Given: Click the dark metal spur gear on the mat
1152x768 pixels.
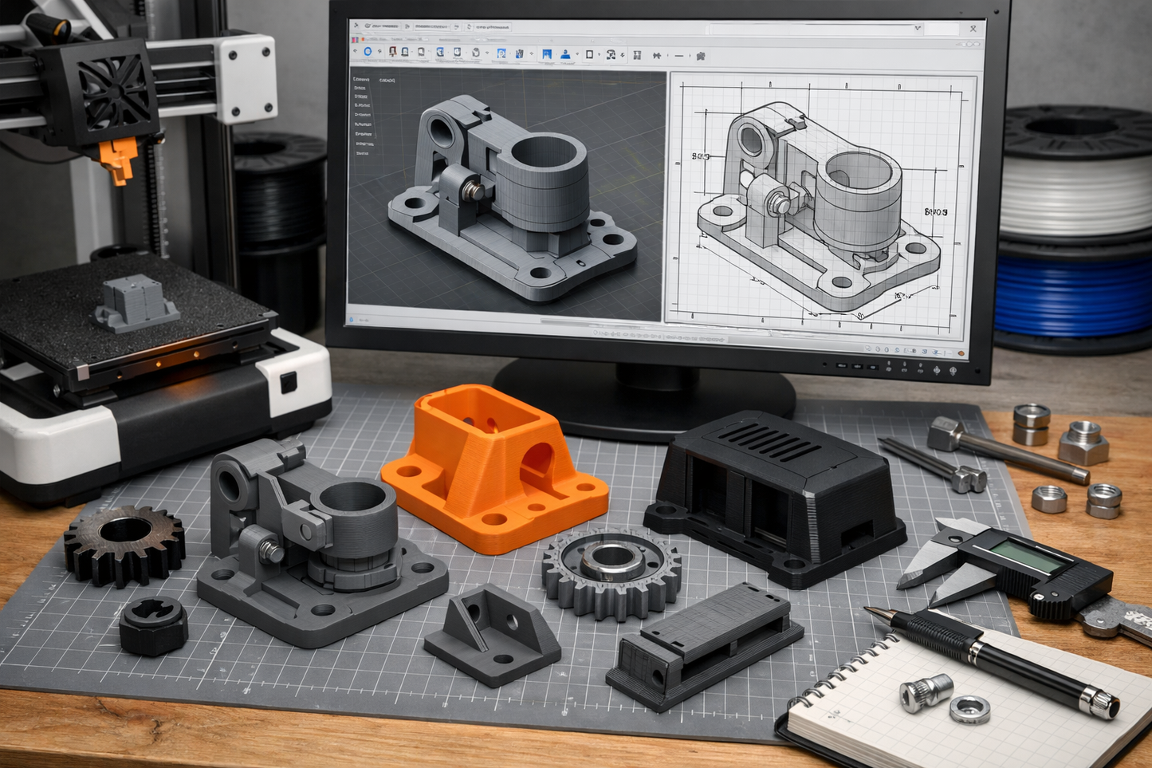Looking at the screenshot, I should point(124,544).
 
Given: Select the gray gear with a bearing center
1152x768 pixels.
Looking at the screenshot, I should point(611,573).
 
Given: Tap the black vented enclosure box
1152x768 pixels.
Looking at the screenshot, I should point(777,494).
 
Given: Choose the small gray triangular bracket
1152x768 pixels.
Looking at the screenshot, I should point(492,634).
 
